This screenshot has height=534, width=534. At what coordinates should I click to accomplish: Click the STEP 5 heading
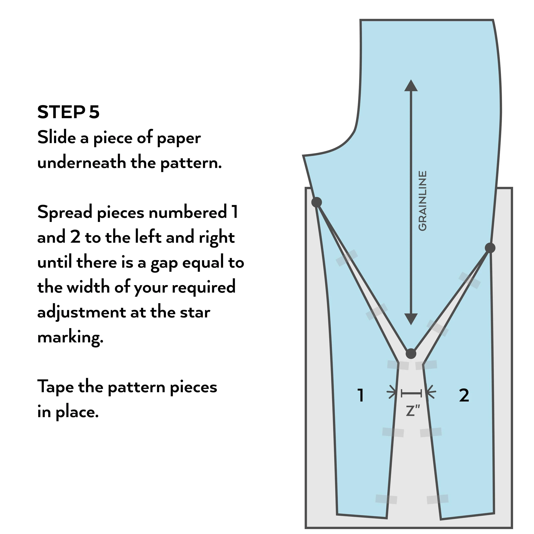[x=68, y=112]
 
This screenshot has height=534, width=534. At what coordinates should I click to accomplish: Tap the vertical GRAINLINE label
[x=422, y=201]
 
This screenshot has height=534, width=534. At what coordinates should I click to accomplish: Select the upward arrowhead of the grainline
[x=411, y=85]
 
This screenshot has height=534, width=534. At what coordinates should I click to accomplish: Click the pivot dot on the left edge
[x=317, y=202]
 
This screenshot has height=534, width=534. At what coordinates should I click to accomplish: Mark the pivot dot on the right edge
[x=490, y=248]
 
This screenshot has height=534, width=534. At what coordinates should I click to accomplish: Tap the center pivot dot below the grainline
[x=411, y=354]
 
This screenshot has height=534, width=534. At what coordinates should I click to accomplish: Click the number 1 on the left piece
[x=360, y=395]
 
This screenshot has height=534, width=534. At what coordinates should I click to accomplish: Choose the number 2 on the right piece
[x=464, y=395]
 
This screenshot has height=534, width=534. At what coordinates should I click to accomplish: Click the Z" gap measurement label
[x=413, y=411]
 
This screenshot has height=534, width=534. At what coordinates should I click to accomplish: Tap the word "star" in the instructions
[x=195, y=313]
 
